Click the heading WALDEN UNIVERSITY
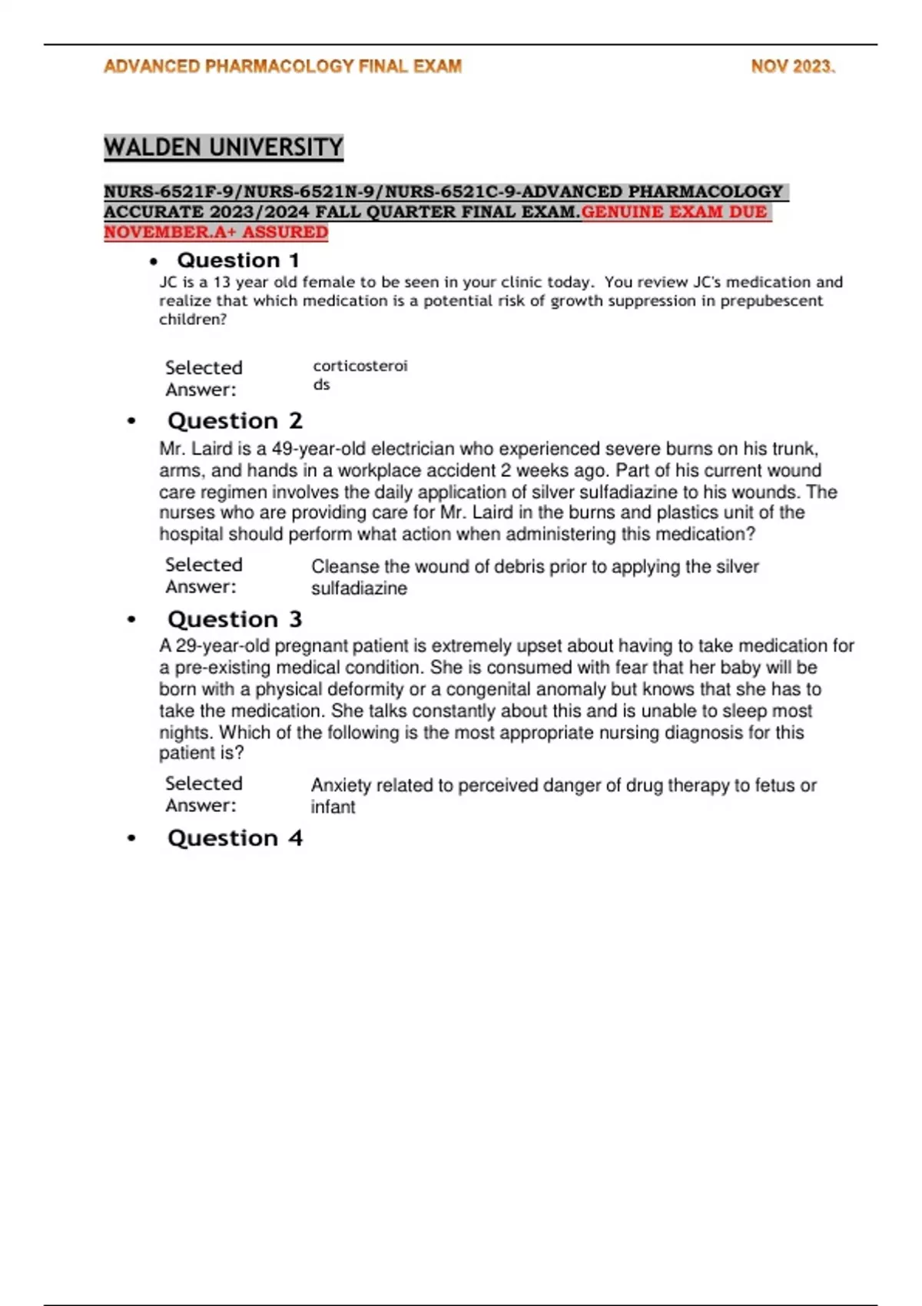224,147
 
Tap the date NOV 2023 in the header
792,67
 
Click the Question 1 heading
237,260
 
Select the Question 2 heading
234,421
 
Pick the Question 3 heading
234,619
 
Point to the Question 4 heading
234,838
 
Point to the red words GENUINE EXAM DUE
675,212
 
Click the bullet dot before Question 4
132,838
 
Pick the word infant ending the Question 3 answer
333,807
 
